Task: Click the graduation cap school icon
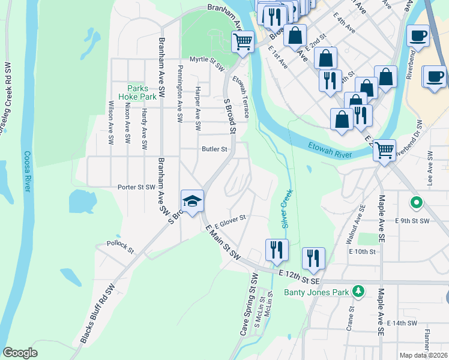pyautogui.click(x=193, y=201)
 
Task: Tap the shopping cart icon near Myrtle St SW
pyautogui.click(x=243, y=42)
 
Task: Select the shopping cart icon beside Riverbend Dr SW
pyautogui.click(x=384, y=150)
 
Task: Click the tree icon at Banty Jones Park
pyautogui.click(x=358, y=291)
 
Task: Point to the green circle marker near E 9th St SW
pyautogui.click(x=415, y=203)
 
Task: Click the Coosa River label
pyautogui.click(x=27, y=171)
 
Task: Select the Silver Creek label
pyautogui.click(x=286, y=208)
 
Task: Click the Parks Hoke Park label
pyautogui.click(x=142, y=92)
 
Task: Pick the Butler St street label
pyautogui.click(x=214, y=149)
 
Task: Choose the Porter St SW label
pyautogui.click(x=137, y=187)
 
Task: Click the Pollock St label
pyautogui.click(x=119, y=247)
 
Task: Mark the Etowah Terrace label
pyautogui.click(x=243, y=98)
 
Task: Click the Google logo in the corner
pyautogui.click(x=20, y=353)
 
